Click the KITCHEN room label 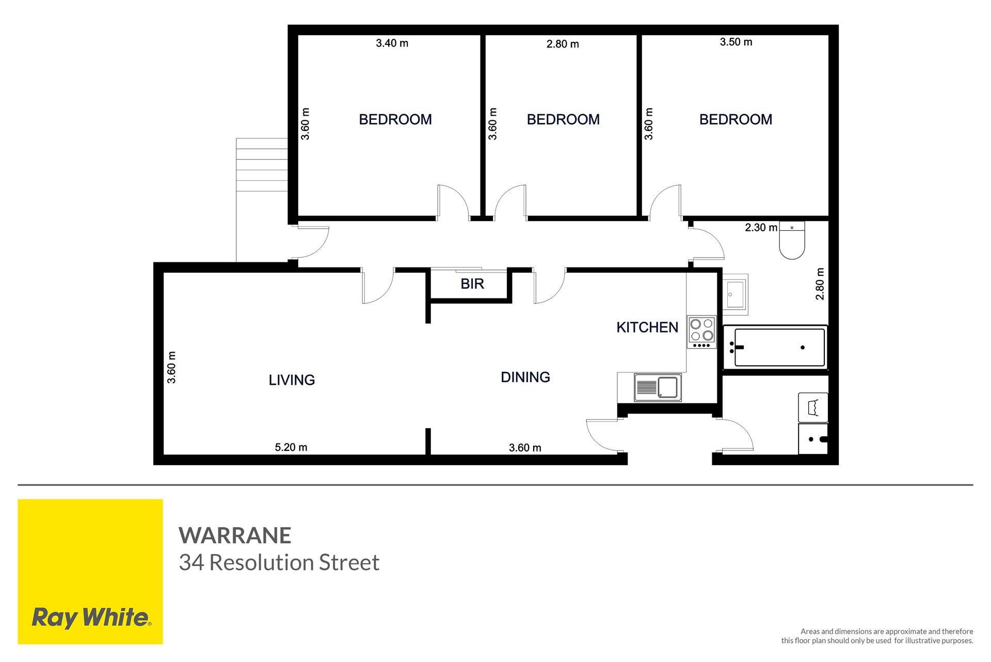click(647, 327)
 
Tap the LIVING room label click(292, 380)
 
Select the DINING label click(525, 377)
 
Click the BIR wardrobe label click(472, 283)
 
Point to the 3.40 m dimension click(392, 43)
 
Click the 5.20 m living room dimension click(291, 447)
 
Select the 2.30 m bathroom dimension click(761, 227)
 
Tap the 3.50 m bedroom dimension click(736, 42)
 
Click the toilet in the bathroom click(792, 240)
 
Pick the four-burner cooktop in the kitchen click(701, 332)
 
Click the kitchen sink click(658, 387)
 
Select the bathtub click(775, 347)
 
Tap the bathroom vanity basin click(735, 294)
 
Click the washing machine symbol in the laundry click(813, 407)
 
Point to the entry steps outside click(262, 165)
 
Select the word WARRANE click(235, 535)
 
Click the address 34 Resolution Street click(279, 562)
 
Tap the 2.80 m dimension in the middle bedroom click(563, 44)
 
